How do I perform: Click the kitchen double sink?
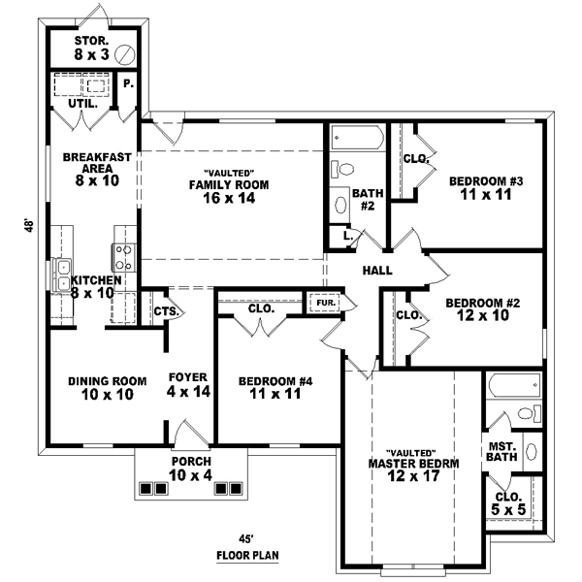62,268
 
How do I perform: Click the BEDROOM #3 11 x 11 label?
486,187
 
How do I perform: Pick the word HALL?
378,271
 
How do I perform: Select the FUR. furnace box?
323,302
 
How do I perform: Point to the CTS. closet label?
164,311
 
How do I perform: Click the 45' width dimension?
246,539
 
